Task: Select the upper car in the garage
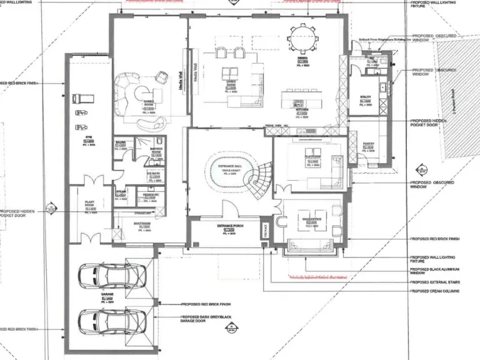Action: coord(112,275)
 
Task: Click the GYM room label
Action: coord(89,140)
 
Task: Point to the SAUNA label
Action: coord(120,142)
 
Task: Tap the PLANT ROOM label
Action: coord(89,203)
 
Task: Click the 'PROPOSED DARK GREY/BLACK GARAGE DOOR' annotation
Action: coord(206,319)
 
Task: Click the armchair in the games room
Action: coord(161,76)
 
